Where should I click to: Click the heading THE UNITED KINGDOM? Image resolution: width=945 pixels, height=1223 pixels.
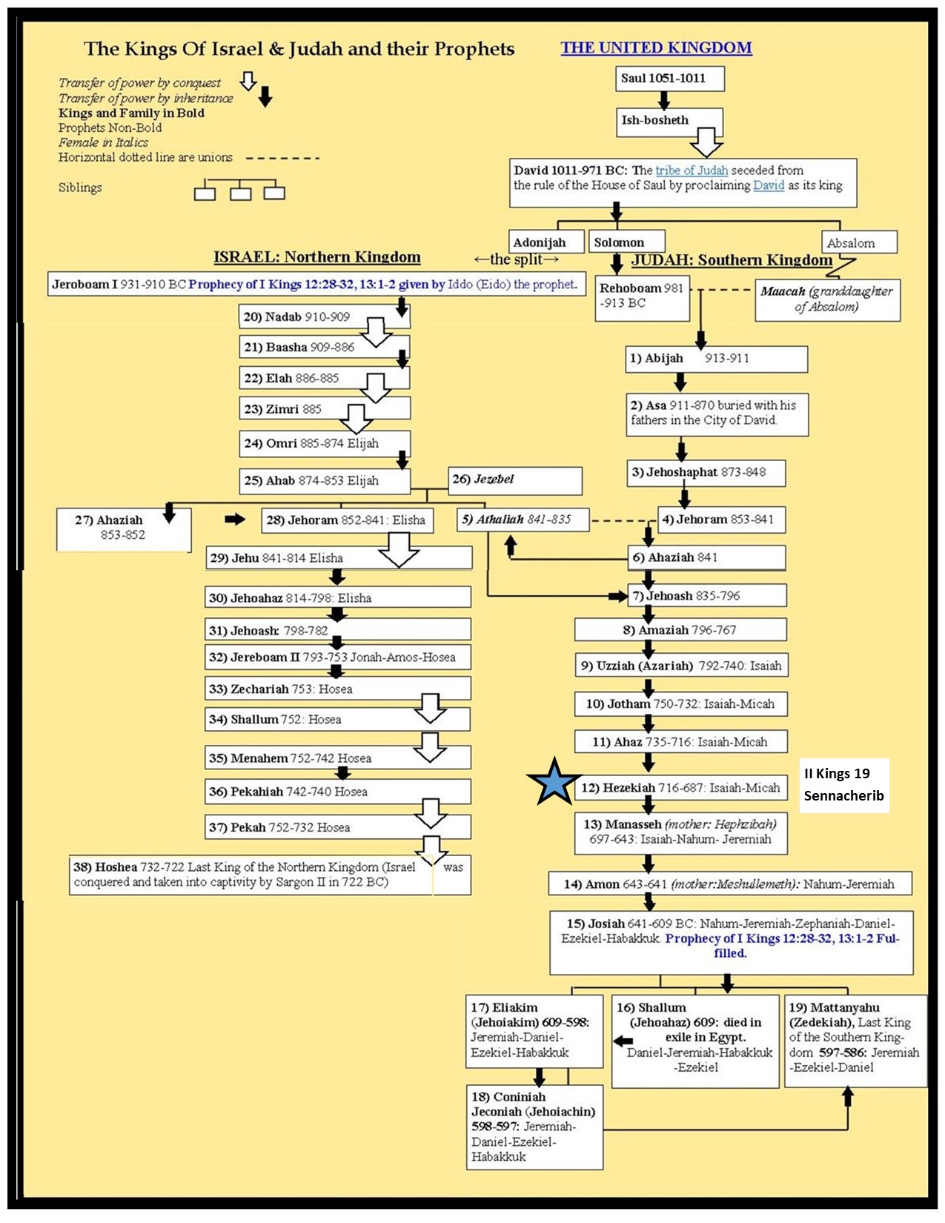click(656, 48)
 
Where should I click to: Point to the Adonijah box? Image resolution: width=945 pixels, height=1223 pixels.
click(540, 242)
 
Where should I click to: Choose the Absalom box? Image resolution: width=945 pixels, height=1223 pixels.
click(858, 242)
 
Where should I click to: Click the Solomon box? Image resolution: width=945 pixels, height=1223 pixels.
click(626, 242)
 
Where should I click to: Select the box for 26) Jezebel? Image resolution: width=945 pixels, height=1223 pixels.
click(514, 480)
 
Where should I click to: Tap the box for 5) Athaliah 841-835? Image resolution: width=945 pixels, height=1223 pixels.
click(523, 520)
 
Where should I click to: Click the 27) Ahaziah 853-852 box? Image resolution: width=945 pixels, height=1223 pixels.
click(123, 528)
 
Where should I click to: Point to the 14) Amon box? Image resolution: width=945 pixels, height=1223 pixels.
click(729, 884)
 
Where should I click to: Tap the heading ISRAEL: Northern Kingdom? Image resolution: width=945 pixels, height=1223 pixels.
click(316, 257)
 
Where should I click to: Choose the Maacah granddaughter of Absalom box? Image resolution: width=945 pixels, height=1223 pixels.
click(827, 299)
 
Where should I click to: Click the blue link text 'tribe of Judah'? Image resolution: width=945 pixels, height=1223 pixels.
click(692, 170)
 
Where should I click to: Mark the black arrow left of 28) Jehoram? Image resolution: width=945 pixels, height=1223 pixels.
click(235, 520)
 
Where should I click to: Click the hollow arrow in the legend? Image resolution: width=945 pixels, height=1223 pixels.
click(248, 82)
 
